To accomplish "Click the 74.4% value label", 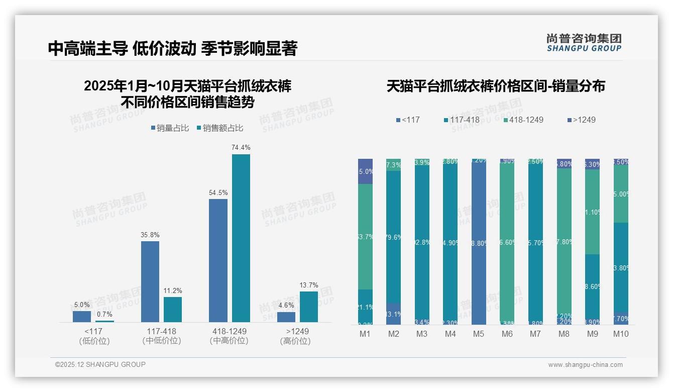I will coord(241,147).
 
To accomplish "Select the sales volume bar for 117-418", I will coord(150,281).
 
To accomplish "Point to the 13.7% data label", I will coord(309,285).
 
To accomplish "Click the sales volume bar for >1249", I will coord(286,317).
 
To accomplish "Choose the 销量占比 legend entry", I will coord(170,128).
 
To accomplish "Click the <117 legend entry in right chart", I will coord(408,120).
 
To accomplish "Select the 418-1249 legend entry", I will coord(523,120).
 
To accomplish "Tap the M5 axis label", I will coord(479,334).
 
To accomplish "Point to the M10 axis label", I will coord(621,334).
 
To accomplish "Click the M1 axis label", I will coord(365,334).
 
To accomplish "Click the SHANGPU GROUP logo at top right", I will coord(584,42).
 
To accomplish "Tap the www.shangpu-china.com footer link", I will coord(585,365).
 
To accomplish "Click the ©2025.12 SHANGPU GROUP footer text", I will coord(100,364).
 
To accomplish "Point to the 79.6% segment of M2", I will coord(394,237).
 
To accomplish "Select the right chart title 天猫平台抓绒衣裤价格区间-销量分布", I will coord(496,86).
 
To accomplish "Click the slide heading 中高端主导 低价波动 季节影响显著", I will coord(173,48).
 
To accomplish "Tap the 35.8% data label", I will coord(150,235).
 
